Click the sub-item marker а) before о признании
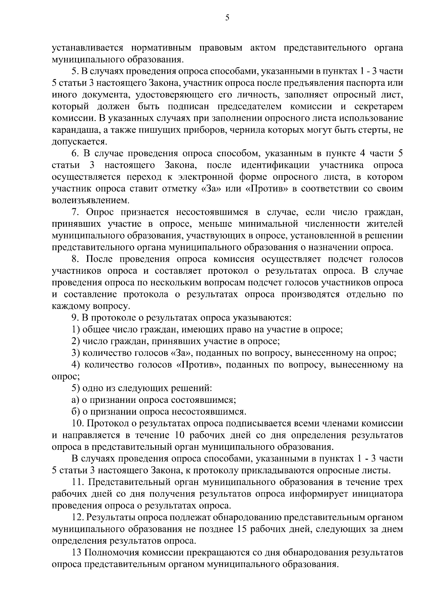click(x=76, y=400)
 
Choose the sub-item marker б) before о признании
click(x=76, y=412)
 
